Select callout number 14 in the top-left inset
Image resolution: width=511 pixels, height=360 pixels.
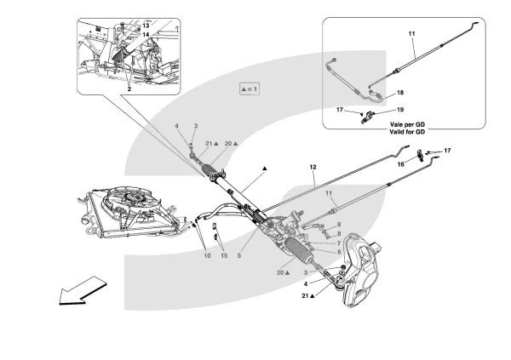pyautogui.click(x=146, y=36)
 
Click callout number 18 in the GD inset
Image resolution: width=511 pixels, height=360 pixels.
pyautogui.click(x=400, y=91)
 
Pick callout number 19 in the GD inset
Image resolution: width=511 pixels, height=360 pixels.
pyautogui.click(x=401, y=110)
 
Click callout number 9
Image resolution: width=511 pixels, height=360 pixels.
pyautogui.click(x=339, y=225)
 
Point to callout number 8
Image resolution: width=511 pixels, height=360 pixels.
pyautogui.click(x=339, y=234)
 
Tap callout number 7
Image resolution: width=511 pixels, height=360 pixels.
pyautogui.click(x=339, y=243)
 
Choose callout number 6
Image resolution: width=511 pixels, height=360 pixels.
pyautogui.click(x=339, y=252)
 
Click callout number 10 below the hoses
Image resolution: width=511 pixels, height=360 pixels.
pyautogui.click(x=207, y=255)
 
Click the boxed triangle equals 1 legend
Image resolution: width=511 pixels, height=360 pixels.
pyautogui.click(x=249, y=88)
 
